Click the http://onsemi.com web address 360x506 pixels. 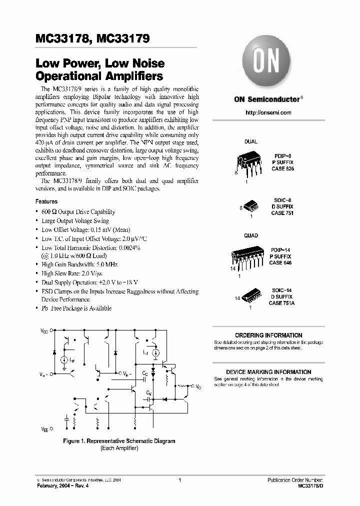pyautogui.click(x=268, y=113)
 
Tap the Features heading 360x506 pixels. pyautogui.click(x=46, y=201)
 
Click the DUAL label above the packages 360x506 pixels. pyautogui.click(x=250, y=141)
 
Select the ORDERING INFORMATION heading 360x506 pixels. pyautogui.click(x=268, y=335)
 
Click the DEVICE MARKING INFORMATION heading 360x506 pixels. pyautogui.click(x=268, y=372)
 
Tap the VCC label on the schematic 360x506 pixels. pyautogui.click(x=44, y=330)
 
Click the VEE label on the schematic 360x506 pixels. pyautogui.click(x=44, y=429)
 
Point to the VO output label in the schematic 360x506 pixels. pyautogui.click(x=198, y=387)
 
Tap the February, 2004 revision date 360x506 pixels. pyautogui.click(x=64, y=486)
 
